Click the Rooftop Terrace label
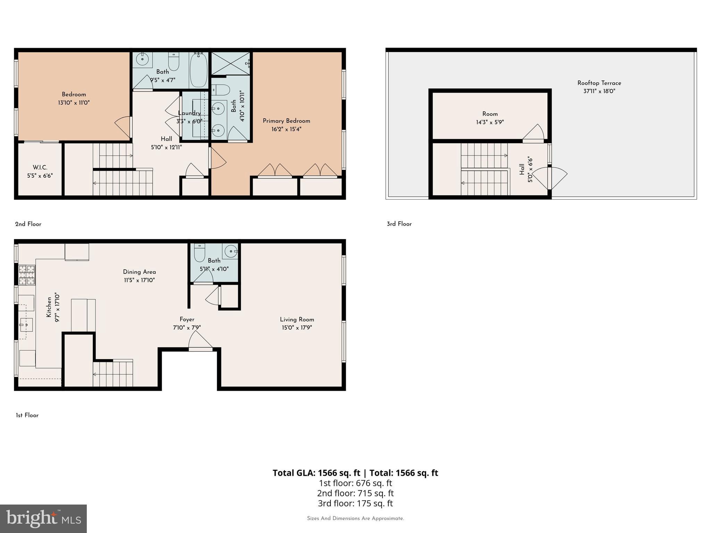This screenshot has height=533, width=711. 599,83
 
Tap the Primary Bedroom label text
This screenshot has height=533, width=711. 286,121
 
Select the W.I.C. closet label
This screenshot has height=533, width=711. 40,168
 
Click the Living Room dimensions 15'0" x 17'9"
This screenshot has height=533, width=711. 297,328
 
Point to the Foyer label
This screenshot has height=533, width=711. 187,319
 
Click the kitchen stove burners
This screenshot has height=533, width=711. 27,275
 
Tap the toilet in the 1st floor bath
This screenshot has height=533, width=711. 200,253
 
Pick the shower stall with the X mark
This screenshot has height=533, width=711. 230,63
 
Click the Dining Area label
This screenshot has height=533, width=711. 139,272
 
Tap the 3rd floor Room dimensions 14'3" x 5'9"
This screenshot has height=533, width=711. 490,122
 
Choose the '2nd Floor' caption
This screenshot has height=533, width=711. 28,224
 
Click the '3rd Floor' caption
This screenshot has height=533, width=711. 399,224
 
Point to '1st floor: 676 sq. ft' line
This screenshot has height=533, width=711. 355,483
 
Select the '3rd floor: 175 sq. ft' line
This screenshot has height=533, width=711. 355,503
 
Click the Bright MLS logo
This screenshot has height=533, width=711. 43,518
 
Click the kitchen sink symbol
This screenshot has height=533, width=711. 26,325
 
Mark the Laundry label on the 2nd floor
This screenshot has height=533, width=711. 189,113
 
